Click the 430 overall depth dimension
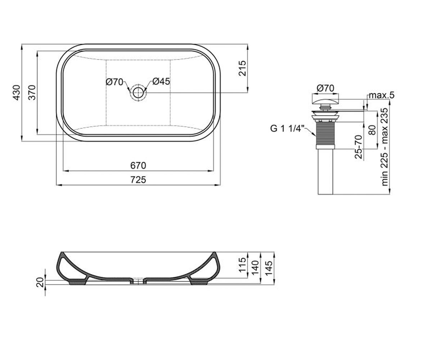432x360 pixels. click(x=17, y=93)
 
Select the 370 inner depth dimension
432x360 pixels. click(x=32, y=93)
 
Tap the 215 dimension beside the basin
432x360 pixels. click(x=242, y=68)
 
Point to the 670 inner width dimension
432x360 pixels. click(x=138, y=166)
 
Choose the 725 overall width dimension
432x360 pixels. click(x=138, y=180)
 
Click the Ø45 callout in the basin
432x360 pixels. click(x=161, y=81)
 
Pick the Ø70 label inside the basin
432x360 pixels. click(x=114, y=82)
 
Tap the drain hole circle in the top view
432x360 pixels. click(x=138, y=93)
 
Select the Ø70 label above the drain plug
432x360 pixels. click(x=325, y=88)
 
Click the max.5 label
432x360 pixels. click(x=382, y=95)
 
